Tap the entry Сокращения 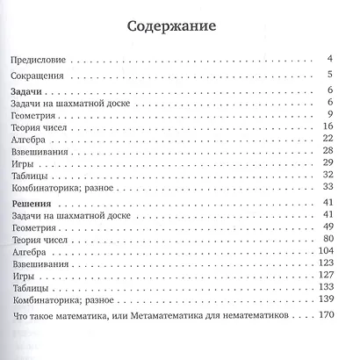36,77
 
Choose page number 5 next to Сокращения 328,77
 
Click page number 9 328,116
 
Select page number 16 325,128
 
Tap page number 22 325,140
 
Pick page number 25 325,152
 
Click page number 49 325,227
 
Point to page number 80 325,240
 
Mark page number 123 322,263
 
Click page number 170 322,316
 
